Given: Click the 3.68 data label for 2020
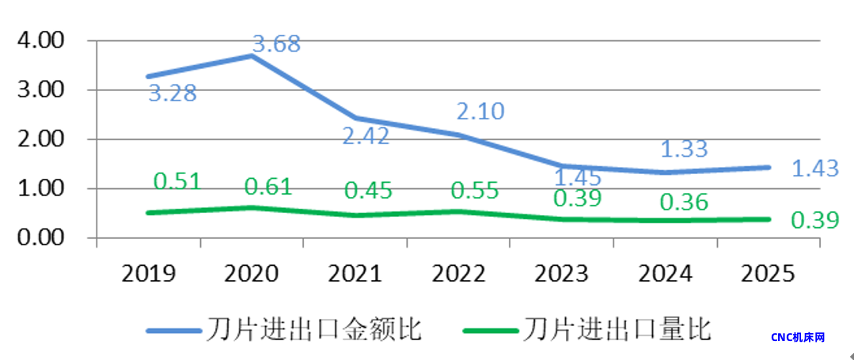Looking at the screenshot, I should (x=276, y=44).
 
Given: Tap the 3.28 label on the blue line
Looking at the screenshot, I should (x=173, y=93).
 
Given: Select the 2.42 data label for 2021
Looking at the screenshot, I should (x=366, y=136).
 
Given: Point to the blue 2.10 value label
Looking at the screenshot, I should (x=480, y=112).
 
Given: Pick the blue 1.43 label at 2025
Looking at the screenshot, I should (x=815, y=169).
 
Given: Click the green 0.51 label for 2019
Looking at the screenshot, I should (x=176, y=181).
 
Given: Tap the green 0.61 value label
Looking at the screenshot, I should (x=268, y=187).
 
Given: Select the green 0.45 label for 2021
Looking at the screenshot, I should (x=368, y=191).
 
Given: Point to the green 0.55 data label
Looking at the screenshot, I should (x=474, y=191).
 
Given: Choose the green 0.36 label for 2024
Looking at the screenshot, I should (x=684, y=203).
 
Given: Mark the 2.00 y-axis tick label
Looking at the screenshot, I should (x=41, y=139).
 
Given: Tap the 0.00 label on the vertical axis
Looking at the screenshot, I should (x=41, y=238).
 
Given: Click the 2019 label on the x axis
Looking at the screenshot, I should (x=149, y=274).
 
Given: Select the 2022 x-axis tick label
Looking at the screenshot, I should (x=460, y=274).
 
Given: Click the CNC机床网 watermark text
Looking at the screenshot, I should (x=798, y=338).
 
